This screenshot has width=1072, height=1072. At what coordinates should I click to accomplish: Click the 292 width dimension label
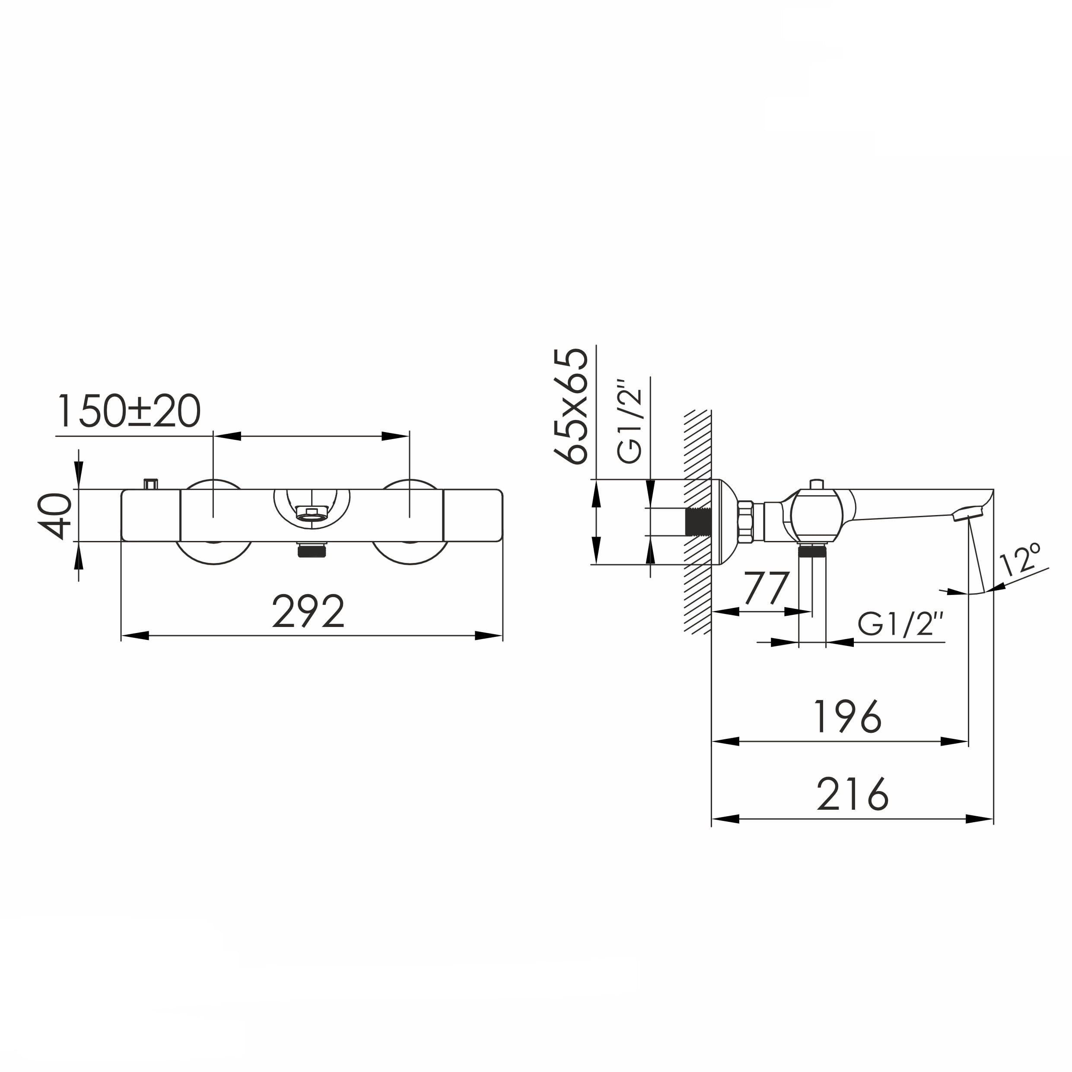[308, 611]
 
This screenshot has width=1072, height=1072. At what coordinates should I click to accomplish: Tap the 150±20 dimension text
[128, 411]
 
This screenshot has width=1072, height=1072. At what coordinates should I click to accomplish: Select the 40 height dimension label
[55, 516]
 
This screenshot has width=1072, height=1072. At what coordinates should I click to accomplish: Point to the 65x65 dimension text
[571, 406]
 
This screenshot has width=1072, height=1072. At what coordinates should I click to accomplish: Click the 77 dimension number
[767, 588]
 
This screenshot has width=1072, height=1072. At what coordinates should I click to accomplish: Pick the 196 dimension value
[847, 716]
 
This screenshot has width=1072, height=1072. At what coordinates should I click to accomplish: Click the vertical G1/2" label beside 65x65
[630, 422]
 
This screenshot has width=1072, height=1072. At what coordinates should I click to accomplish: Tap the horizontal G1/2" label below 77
[901, 624]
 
